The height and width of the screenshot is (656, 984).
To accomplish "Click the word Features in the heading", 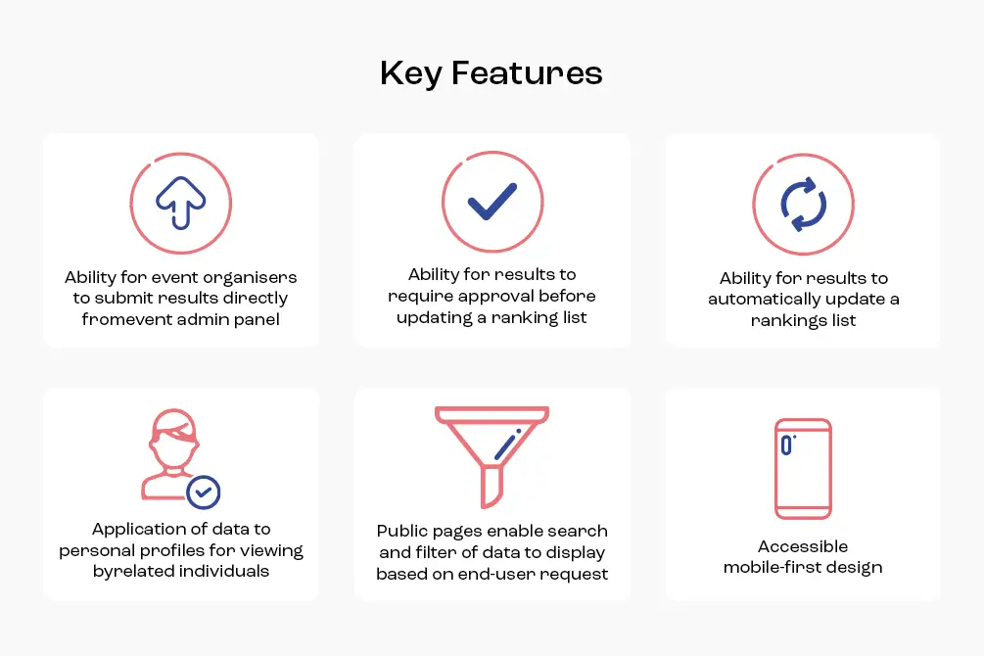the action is coord(527,72).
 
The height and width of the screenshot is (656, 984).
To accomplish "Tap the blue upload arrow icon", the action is coord(181,203).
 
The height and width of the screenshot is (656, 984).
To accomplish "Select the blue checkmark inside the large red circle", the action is coord(492,202).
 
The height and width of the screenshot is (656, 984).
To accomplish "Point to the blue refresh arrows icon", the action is coord(803,204).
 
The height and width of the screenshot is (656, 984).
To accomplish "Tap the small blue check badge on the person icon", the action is coord(203,492).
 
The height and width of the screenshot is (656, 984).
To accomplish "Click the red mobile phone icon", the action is coord(803,468).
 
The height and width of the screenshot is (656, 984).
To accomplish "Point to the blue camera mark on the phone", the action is coord(787,445).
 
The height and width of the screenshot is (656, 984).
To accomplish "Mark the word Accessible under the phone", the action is coord(803,546).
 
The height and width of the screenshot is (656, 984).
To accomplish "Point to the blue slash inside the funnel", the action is coord(508,445).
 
